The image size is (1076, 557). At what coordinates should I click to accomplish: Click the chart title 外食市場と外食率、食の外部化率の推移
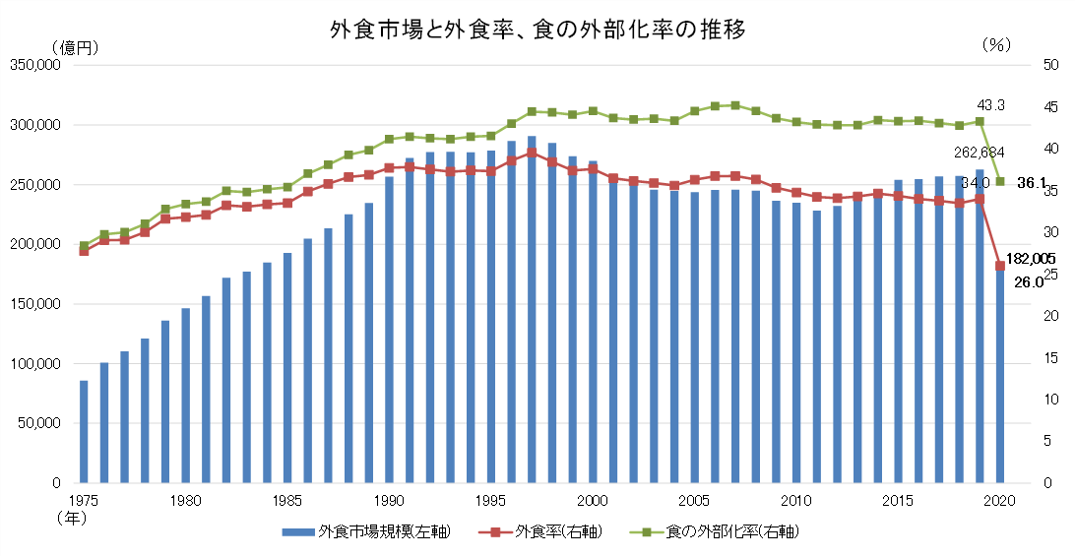(x=538, y=29)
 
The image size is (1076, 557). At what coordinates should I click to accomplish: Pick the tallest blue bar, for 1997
(x=532, y=315)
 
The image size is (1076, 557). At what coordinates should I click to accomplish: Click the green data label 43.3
(x=990, y=105)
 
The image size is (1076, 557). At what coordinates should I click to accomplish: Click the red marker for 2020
(x=1000, y=266)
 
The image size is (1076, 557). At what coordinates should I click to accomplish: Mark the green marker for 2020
(x=1000, y=181)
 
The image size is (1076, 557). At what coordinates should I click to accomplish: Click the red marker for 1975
(x=84, y=251)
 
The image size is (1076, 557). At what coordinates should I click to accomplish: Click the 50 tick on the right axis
(x=1050, y=65)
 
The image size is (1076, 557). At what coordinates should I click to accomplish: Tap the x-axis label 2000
(x=593, y=500)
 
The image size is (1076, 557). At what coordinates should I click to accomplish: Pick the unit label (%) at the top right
(x=997, y=45)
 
